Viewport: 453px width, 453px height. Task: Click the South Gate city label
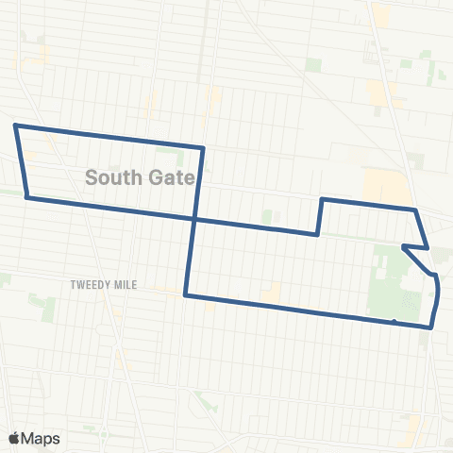(x=140, y=176)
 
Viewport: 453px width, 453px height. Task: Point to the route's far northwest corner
(x=14, y=125)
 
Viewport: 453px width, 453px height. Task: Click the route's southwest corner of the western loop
(x=27, y=197)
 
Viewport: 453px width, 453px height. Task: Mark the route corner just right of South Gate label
(x=204, y=148)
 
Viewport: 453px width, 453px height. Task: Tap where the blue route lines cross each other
(x=194, y=219)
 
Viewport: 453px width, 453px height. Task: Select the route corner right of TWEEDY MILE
(x=186, y=295)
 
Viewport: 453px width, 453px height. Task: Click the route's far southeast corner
(x=431, y=327)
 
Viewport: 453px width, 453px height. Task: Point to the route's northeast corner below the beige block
(x=415, y=209)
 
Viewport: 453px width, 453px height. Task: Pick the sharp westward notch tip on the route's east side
(x=403, y=247)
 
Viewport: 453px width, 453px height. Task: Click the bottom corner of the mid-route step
(x=317, y=235)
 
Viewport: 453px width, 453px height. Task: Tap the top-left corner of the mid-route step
(x=323, y=199)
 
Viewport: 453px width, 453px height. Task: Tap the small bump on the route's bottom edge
(x=394, y=322)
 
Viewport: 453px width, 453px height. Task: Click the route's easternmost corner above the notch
(x=429, y=248)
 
